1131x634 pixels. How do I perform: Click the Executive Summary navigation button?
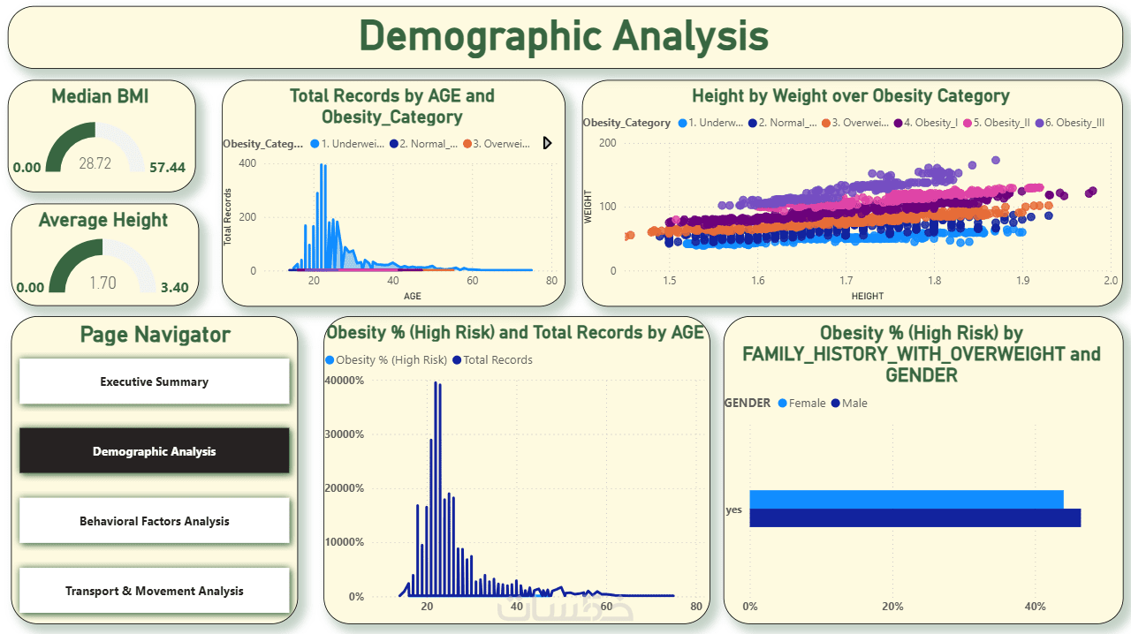click(x=154, y=382)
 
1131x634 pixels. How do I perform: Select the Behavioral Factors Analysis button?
click(x=154, y=522)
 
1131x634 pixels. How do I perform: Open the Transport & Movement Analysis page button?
click(x=154, y=592)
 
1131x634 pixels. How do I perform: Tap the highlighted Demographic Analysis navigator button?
click(x=154, y=451)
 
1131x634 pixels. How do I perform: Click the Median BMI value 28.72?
click(x=95, y=163)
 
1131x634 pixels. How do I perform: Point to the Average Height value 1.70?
click(x=102, y=283)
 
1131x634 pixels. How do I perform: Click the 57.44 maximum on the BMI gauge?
click(x=167, y=167)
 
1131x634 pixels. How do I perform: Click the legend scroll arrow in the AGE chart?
click(x=547, y=143)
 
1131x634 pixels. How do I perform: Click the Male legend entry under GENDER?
click(x=849, y=404)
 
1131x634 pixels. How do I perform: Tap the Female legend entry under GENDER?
click(x=801, y=404)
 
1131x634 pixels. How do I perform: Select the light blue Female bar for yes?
click(x=906, y=499)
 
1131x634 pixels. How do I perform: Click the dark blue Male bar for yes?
click(x=915, y=518)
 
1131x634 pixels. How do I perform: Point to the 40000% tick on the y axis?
click(x=345, y=381)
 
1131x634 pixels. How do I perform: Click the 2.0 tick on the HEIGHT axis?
click(x=1111, y=281)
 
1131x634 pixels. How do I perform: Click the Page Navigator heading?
click(x=155, y=335)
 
